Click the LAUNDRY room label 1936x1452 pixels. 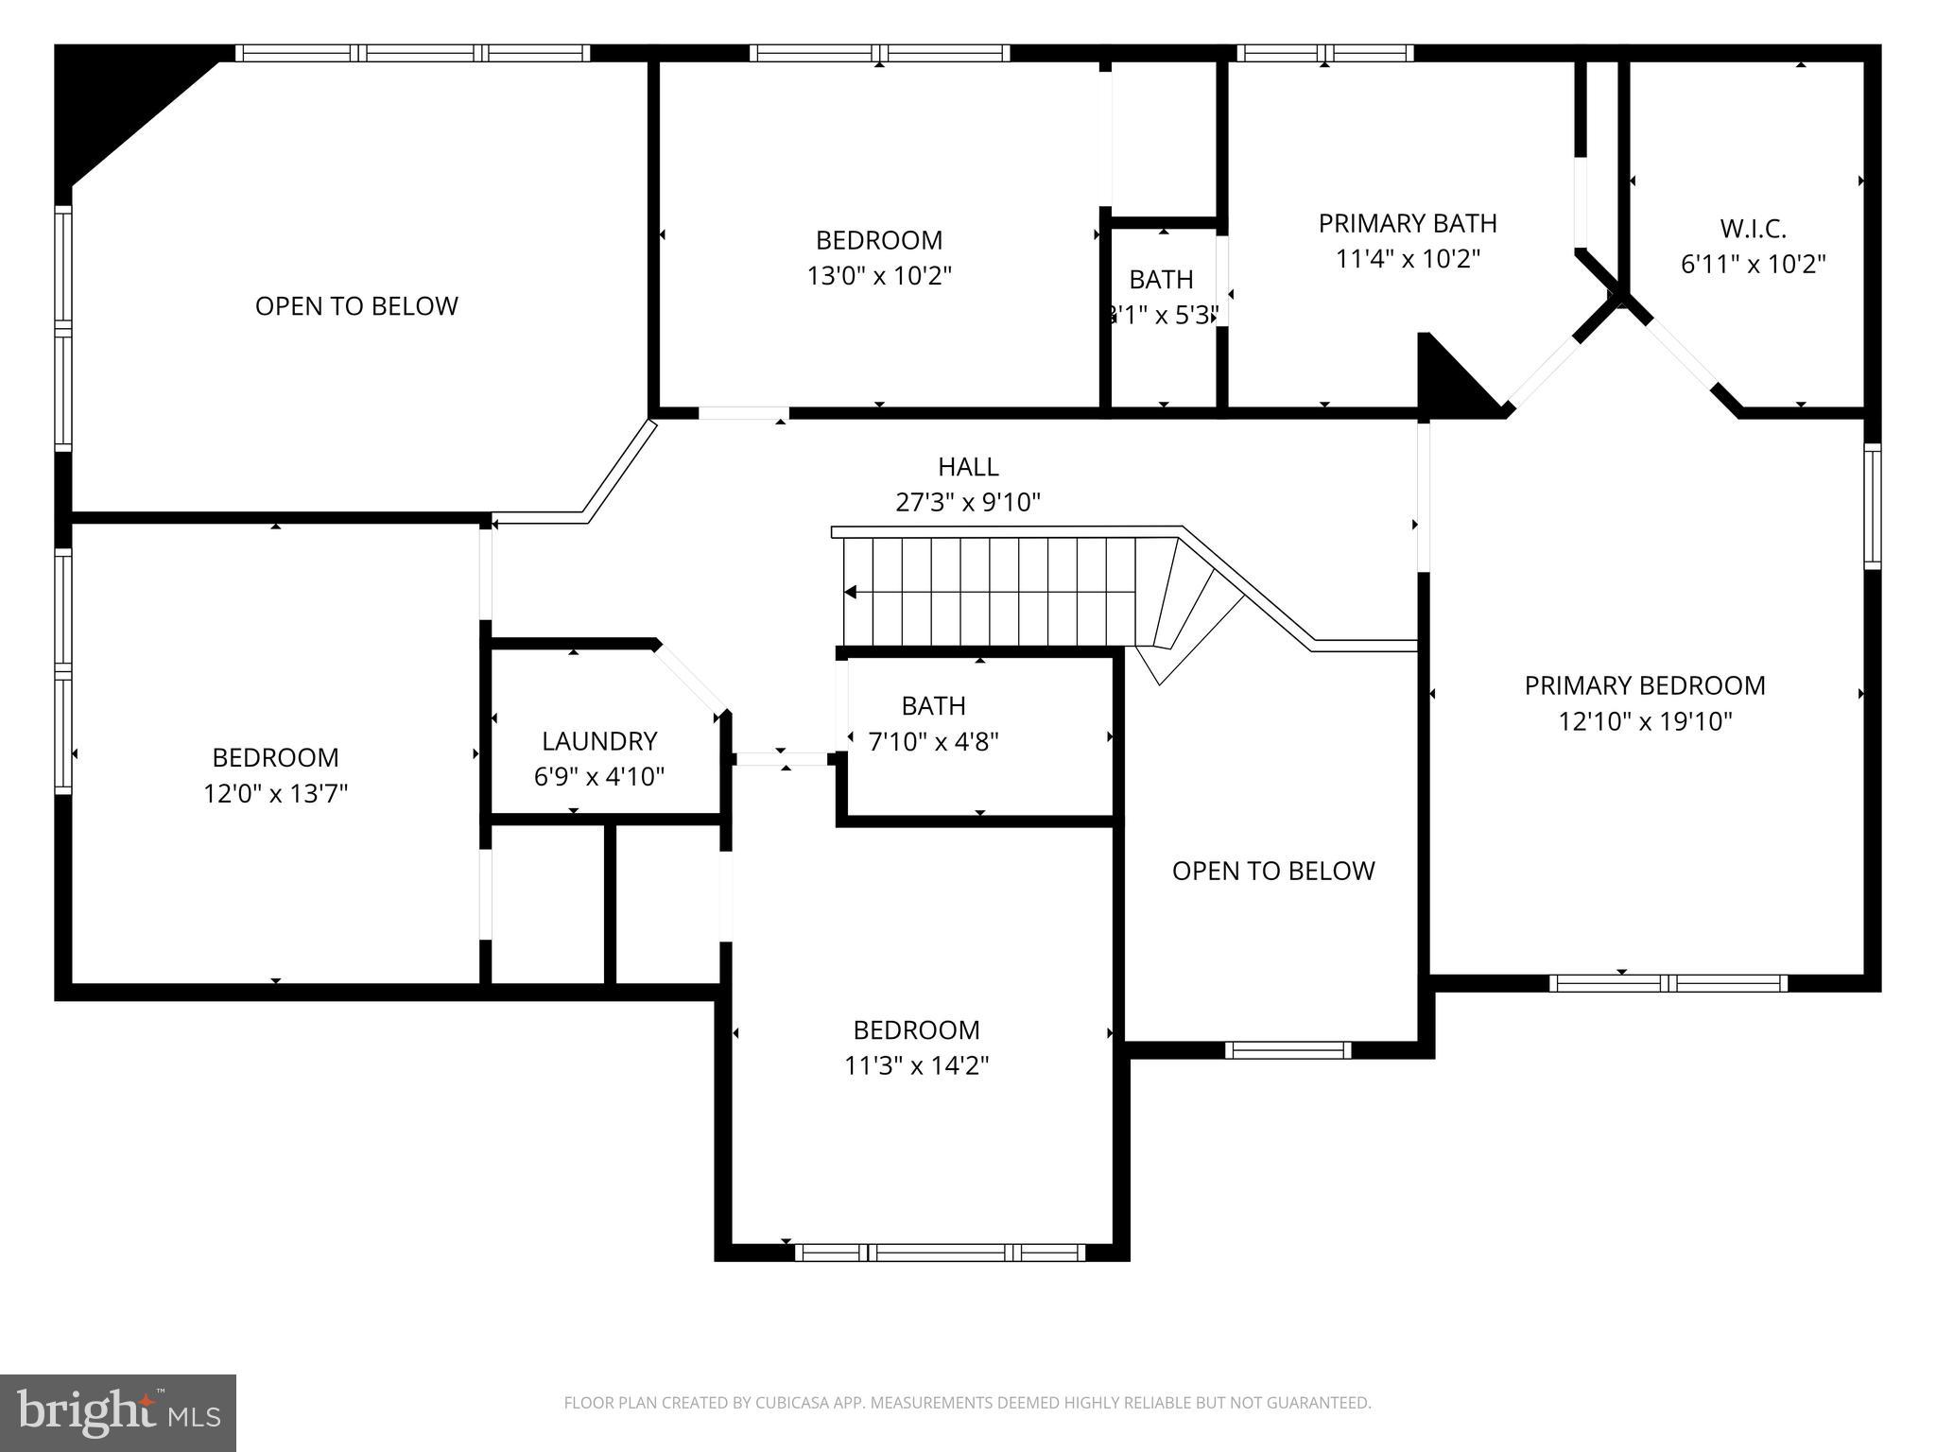pos(598,740)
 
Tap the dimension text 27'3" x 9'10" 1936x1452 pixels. pos(968,502)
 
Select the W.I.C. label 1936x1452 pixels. pos(1753,228)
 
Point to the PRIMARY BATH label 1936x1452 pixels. pos(1408,223)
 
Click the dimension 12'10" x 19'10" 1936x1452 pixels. pos(1645,722)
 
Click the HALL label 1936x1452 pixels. pos(968,466)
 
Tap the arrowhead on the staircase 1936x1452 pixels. pos(851,593)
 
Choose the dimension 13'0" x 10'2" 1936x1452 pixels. pos(879,276)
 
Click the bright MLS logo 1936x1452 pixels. pos(118,1413)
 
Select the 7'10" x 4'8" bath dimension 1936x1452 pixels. pos(933,742)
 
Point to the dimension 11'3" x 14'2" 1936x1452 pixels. pos(916,1066)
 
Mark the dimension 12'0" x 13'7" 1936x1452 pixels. pos(275,793)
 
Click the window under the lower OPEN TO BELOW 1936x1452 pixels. pos(1288,1050)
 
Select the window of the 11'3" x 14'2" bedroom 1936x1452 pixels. pos(940,1253)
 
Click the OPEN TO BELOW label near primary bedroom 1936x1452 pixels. pos(1273,871)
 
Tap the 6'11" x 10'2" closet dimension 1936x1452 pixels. pos(1753,265)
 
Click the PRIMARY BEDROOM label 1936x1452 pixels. pos(1645,685)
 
